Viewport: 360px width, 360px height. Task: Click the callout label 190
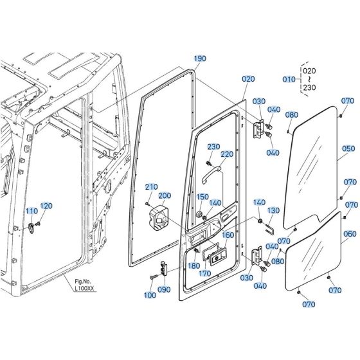(200, 59)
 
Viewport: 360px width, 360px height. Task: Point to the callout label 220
(227, 154)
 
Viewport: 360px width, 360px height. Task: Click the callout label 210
(151, 186)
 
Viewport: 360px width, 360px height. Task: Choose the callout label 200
(165, 195)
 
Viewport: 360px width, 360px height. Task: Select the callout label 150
(203, 197)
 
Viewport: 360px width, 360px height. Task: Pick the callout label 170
(205, 274)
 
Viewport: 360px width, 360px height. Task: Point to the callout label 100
(150, 295)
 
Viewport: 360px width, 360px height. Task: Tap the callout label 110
(32, 212)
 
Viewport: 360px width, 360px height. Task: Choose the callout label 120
(47, 206)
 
